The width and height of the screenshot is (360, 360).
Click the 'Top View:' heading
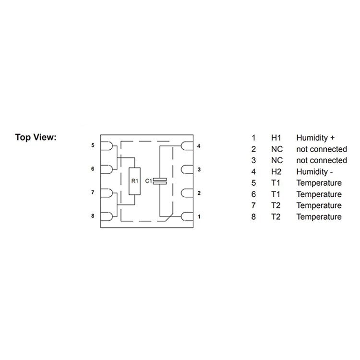36,137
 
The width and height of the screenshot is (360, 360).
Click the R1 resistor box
134,181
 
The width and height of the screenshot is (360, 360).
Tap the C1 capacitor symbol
160,181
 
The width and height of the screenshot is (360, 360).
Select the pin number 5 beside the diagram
93,145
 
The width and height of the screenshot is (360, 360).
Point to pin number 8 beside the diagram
93,216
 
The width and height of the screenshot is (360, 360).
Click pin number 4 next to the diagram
199,146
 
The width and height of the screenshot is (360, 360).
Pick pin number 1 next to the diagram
199,217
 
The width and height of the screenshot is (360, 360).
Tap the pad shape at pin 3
187,170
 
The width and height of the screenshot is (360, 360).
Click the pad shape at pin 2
187,193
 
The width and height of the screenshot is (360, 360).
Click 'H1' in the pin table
276,138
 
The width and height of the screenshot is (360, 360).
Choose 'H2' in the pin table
276,172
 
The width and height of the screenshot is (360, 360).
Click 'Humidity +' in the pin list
315,138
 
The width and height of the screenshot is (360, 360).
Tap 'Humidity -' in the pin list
314,172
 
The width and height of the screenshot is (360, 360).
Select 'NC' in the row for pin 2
277,149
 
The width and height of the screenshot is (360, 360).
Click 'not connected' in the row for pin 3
322,160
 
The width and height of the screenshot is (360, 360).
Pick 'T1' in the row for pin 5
276,183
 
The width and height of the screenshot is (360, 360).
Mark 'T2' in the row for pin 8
276,217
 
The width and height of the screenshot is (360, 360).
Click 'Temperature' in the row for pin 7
319,205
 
